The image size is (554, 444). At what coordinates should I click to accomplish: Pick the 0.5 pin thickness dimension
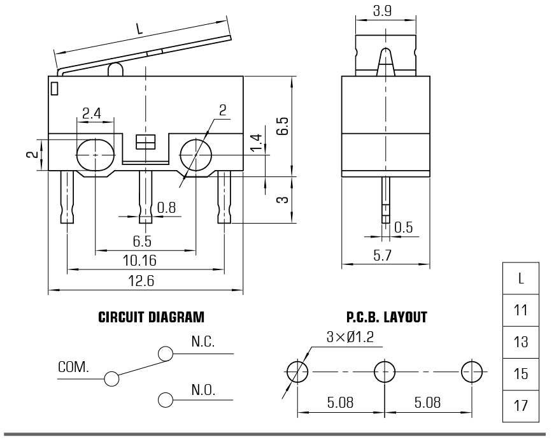tap(404, 227)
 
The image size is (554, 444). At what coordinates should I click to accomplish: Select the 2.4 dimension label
tap(92, 113)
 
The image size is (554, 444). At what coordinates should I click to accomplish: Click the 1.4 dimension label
tap(256, 144)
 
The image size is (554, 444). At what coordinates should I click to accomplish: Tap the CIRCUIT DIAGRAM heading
tap(152, 317)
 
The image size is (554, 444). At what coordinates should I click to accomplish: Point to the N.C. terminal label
tap(203, 341)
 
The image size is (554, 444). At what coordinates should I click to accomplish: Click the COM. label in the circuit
tap(74, 368)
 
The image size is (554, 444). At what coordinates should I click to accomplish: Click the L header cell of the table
tap(521, 278)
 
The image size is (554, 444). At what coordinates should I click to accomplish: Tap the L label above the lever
tap(139, 29)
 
